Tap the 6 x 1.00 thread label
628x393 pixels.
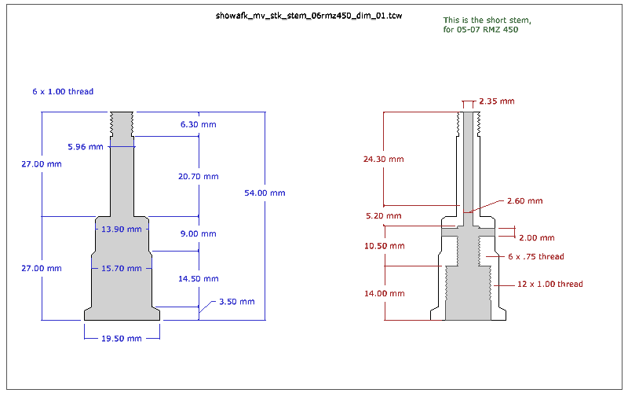coord(63,92)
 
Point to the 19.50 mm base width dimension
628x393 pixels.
coord(122,339)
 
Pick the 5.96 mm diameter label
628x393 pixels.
coord(86,147)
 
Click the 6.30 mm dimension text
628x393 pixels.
coord(198,125)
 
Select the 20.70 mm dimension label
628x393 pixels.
coord(198,177)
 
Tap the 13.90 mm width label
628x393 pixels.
coord(122,230)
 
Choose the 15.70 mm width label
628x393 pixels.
coord(122,269)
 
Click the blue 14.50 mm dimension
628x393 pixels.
coord(198,279)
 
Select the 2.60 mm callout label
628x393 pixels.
coord(524,201)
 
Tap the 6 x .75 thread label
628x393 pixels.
coord(535,257)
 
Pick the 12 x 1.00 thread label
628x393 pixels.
coord(550,285)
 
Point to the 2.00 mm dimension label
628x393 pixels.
coord(536,237)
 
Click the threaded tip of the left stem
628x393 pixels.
coord(122,123)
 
